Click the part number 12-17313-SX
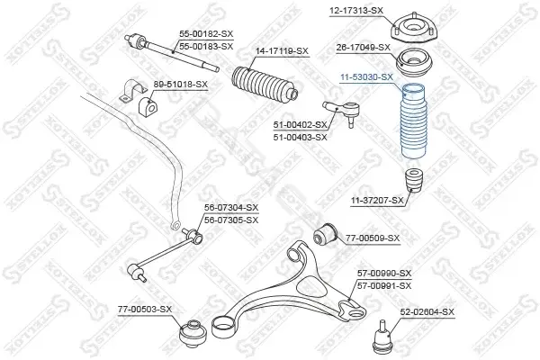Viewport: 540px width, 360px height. click(356, 11)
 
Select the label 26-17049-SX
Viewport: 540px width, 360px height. click(363, 48)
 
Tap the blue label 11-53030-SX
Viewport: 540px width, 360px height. click(366, 77)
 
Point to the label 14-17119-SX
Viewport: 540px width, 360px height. click(282, 51)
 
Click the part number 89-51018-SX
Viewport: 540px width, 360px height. click(181, 85)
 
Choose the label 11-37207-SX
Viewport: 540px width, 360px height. click(377, 200)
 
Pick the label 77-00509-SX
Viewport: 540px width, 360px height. click(373, 238)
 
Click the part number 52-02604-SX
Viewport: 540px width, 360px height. click(427, 312)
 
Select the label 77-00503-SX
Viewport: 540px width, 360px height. click(145, 310)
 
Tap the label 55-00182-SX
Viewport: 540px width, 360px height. click(206, 34)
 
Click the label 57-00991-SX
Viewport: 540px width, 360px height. click(384, 286)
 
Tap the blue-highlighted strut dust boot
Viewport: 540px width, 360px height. click(413, 122)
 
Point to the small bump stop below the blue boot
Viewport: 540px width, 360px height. click(414, 180)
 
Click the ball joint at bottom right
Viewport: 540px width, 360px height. click(382, 337)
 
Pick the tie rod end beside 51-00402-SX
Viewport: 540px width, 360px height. click(343, 112)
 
